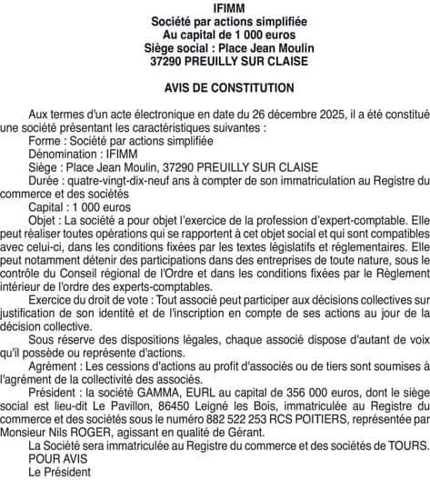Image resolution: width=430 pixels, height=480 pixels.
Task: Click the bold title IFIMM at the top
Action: pos(215,7)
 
